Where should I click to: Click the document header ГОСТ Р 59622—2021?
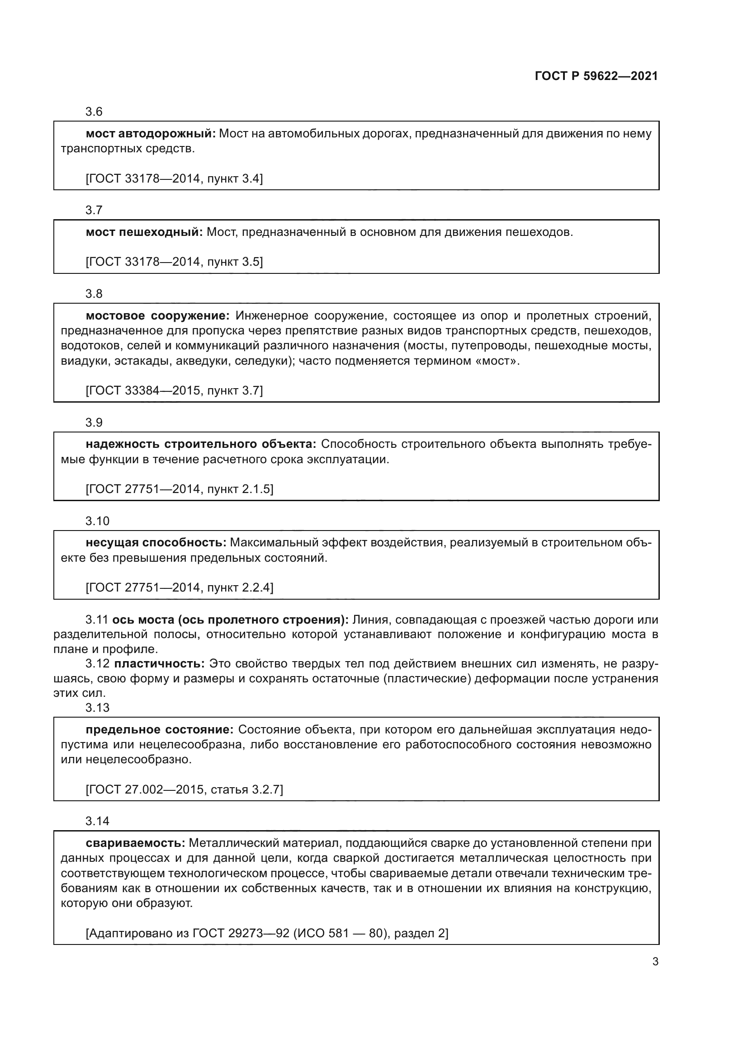(x=596, y=76)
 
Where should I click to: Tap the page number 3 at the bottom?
(x=655, y=961)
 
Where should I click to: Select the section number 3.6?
(x=94, y=112)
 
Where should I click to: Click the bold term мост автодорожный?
(x=151, y=134)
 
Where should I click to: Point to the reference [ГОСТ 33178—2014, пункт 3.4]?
(x=174, y=179)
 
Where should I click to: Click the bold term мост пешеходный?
(x=144, y=232)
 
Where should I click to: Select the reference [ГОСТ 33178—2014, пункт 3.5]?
(x=174, y=262)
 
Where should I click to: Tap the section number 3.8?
(x=94, y=294)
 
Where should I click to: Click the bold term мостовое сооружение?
(x=157, y=316)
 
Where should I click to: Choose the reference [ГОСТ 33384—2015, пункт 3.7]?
(x=174, y=391)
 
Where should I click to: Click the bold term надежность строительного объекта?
(x=201, y=444)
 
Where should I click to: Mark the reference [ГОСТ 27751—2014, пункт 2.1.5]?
(x=179, y=489)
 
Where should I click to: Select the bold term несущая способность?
(x=156, y=543)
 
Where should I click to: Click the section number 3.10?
(x=97, y=521)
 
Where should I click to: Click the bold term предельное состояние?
(x=159, y=730)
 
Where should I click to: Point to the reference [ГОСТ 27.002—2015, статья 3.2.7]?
(x=184, y=789)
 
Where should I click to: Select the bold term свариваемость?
(x=135, y=843)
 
